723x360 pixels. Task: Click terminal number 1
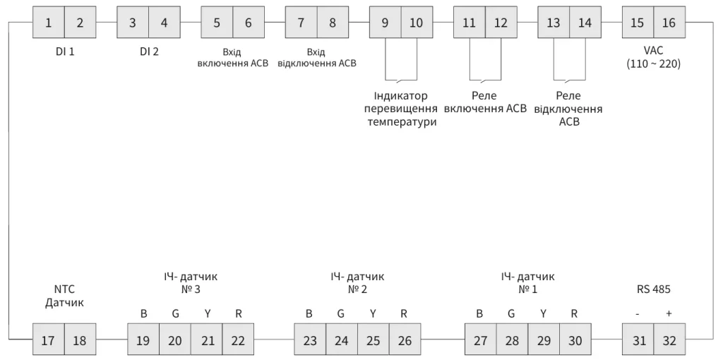[49, 23]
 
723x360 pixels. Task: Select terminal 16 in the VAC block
[669, 23]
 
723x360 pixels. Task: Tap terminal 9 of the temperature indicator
[385, 23]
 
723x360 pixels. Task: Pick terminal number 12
[501, 23]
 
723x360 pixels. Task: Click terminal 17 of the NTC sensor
[49, 341]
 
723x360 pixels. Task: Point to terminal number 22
[238, 341]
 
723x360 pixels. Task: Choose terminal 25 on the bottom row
[373, 341]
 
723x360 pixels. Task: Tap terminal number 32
[669, 341]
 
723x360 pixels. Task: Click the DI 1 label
[66, 52]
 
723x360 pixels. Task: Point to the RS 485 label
[652, 289]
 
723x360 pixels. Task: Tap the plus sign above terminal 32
[668, 314]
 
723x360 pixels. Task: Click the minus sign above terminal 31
[638, 314]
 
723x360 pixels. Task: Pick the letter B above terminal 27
[480, 314]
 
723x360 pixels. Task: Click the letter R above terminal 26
[404, 314]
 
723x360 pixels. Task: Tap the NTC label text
[64, 289]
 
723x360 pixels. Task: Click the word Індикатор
[400, 96]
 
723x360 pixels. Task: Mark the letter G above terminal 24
[340, 314]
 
